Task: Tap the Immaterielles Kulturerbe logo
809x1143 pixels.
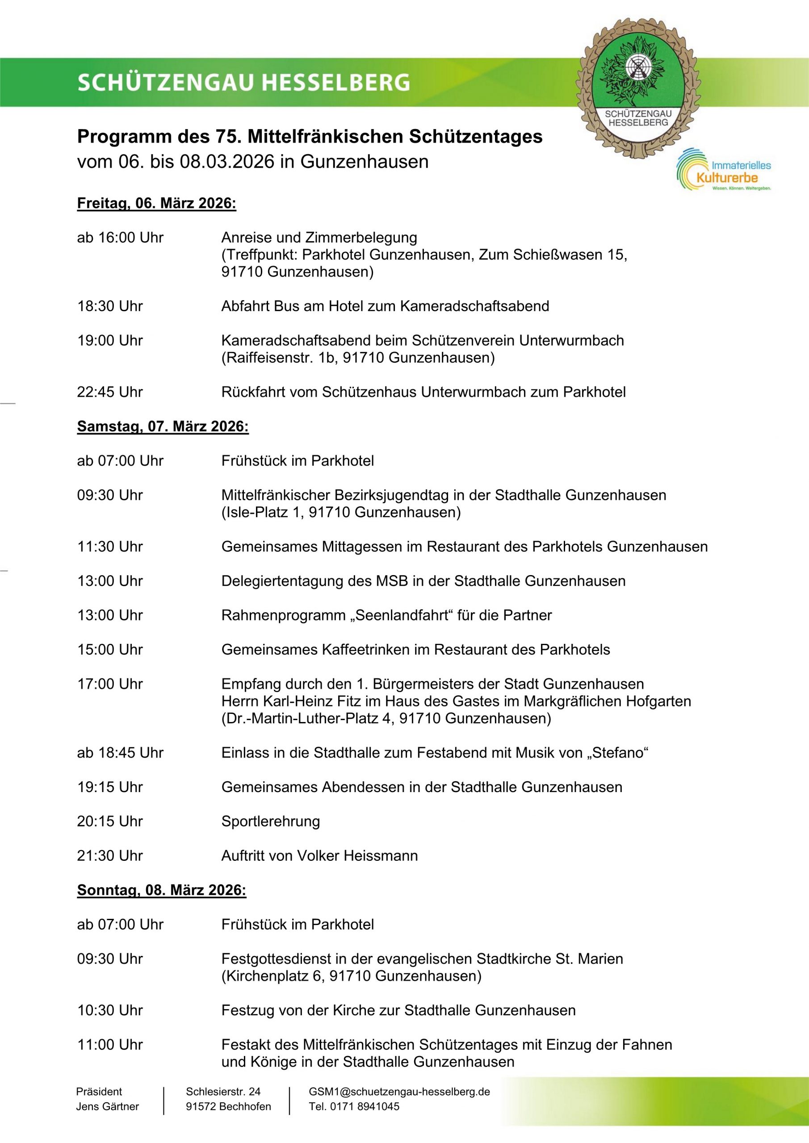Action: tap(724, 171)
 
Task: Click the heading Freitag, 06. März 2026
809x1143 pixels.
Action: tap(156, 204)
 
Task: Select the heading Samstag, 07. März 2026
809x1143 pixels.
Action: tap(163, 427)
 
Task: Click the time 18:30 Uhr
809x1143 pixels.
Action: tap(109, 306)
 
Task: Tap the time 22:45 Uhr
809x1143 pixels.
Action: tap(109, 392)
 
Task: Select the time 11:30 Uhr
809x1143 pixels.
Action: tap(109, 546)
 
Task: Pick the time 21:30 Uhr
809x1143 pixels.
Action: tap(109, 856)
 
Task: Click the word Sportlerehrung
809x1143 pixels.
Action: tap(271, 822)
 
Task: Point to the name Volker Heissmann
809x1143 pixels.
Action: tap(357, 856)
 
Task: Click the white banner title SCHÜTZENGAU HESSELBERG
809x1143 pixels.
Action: tap(243, 83)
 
